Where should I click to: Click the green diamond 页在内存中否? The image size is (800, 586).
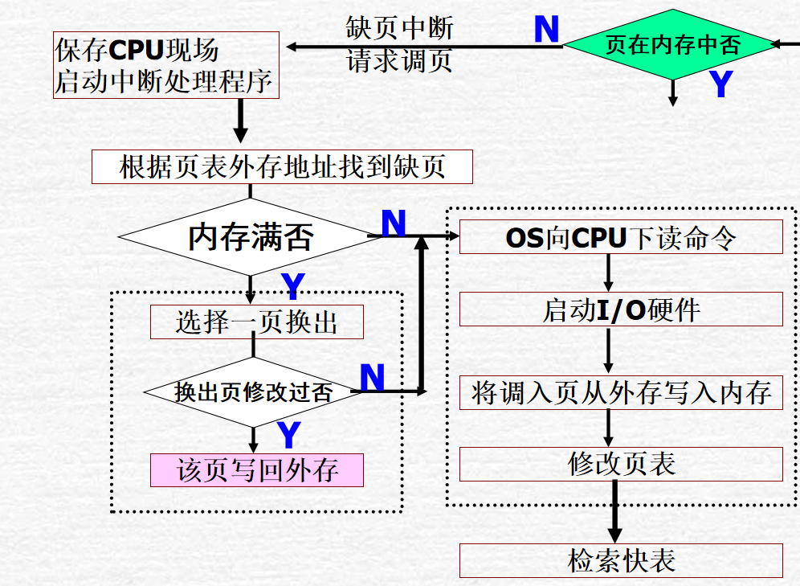(673, 45)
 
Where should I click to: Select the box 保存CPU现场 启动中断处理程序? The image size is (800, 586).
(166, 65)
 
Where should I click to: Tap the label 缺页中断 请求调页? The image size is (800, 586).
(399, 45)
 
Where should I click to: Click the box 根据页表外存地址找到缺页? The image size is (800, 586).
(282, 167)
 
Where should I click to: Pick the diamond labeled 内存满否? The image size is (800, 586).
(250, 236)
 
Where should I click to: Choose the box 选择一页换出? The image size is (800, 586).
(257, 322)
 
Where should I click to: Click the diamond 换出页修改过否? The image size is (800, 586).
(253, 392)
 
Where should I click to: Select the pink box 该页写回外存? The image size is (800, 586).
(257, 470)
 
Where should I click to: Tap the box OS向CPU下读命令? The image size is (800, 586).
(621, 237)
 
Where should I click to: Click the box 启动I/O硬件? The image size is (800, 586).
(621, 309)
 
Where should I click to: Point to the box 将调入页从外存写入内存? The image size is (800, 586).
(621, 392)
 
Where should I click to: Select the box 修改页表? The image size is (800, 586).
(621, 464)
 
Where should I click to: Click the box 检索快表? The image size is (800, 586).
(621, 560)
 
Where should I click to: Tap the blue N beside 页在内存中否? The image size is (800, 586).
(546, 31)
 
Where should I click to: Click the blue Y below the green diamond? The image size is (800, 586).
(721, 85)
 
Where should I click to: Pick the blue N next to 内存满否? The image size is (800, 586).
(393, 223)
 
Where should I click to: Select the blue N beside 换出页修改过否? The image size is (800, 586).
(372, 377)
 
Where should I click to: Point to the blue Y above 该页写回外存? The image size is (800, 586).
(288, 435)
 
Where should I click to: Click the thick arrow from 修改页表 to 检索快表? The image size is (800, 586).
(614, 512)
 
